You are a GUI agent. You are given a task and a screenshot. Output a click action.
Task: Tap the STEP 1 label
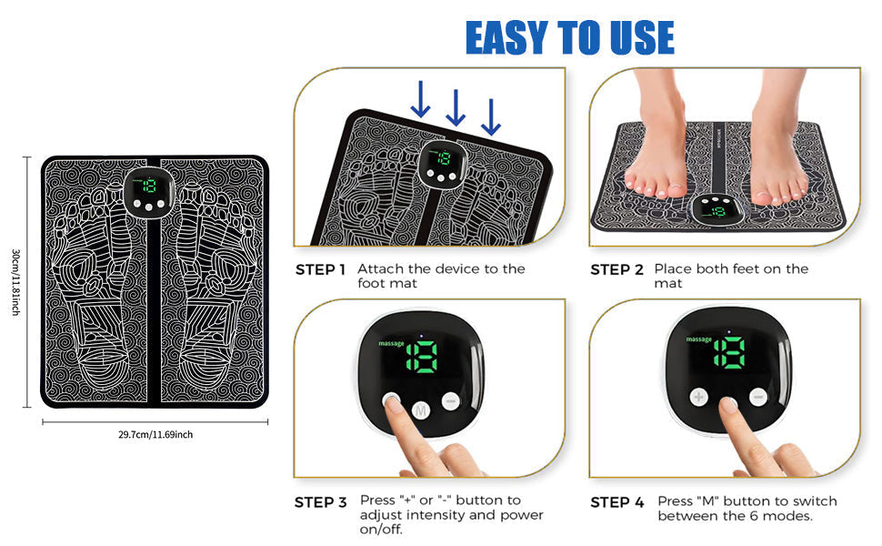[x=320, y=269]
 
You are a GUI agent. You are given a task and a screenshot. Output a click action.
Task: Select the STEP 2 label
[x=616, y=269]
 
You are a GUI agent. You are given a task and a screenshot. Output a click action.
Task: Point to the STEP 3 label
[x=320, y=501]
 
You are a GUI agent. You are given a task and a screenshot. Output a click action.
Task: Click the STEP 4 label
[x=616, y=501]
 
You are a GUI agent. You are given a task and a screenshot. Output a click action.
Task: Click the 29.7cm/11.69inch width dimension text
[x=155, y=435]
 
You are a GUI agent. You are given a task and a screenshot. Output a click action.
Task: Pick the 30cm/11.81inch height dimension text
[x=15, y=282]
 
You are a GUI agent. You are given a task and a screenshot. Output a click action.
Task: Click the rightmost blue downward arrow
[x=491, y=116]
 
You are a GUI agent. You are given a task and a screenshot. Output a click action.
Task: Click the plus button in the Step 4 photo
[x=699, y=398]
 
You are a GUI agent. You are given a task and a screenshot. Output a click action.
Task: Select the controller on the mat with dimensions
[x=147, y=189]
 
